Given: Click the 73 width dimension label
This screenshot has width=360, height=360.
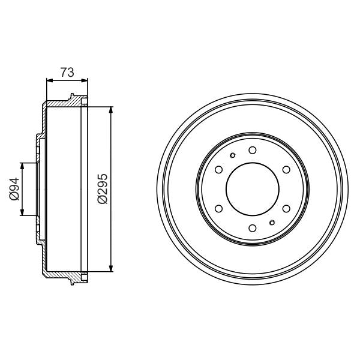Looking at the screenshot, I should pos(67,73).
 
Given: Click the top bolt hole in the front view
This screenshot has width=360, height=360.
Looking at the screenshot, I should pos(252,150).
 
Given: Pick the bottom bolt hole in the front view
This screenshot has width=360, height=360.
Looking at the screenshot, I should pos(252,227).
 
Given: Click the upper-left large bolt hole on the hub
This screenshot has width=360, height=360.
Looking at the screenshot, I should pos(218,170).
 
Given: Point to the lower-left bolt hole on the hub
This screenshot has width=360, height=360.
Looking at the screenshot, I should pos(218,208).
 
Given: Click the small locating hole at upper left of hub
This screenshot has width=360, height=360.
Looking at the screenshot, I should pos(232,155).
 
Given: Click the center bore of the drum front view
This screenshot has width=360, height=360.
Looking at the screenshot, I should pos(252,189).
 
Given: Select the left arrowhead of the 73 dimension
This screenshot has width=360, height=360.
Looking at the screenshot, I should pos(49,80).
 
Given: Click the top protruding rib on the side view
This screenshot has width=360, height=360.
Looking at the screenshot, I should pos(72,97).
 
